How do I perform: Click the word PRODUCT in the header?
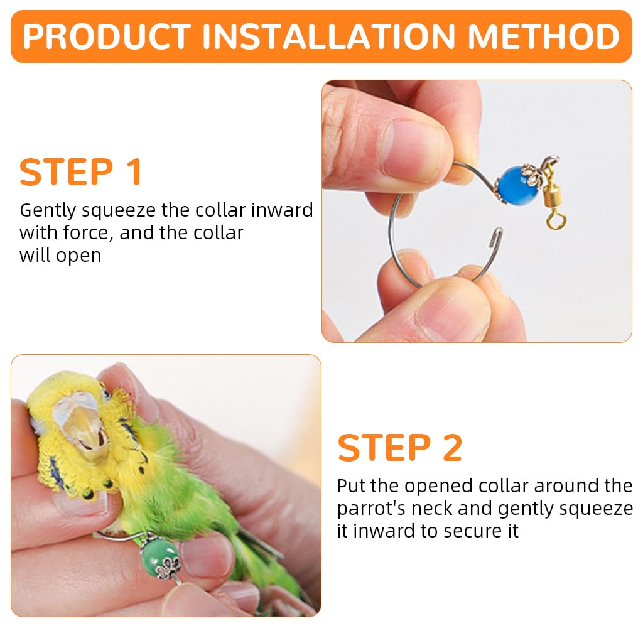click(x=107, y=36)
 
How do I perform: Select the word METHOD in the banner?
click(x=544, y=36)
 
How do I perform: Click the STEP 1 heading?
click(x=81, y=172)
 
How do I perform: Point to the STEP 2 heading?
click(x=400, y=448)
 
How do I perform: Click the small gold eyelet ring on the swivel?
click(x=553, y=222)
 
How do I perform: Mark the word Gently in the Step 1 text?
click(x=46, y=210)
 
